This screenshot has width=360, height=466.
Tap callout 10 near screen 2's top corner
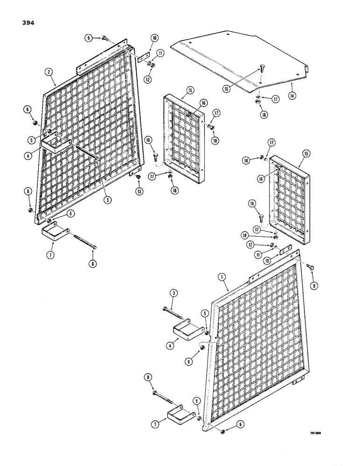coord(155,39)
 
